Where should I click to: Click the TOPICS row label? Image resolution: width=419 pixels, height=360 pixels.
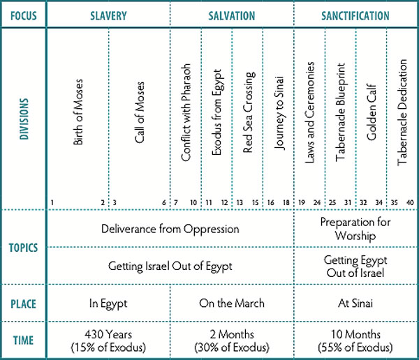pyautogui.click(x=23, y=247)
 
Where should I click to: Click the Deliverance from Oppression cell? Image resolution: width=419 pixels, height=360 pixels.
pyautogui.click(x=170, y=228)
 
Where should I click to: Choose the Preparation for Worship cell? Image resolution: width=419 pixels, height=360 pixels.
pyautogui.click(x=355, y=228)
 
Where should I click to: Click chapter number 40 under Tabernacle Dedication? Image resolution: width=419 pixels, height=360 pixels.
pyautogui.click(x=411, y=203)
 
